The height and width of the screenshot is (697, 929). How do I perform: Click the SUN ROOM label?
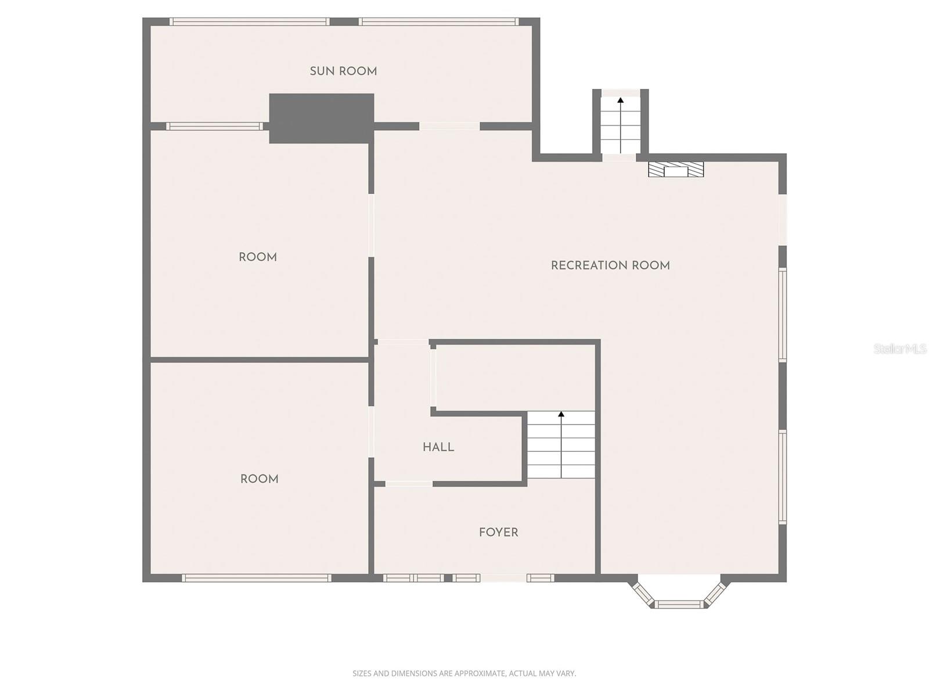[343, 71]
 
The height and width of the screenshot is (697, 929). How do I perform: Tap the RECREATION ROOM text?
[610, 265]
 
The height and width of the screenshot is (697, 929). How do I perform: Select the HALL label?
[438, 447]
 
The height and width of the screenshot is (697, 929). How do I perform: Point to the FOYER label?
[498, 532]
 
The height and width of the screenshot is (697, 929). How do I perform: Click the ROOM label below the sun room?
[258, 257]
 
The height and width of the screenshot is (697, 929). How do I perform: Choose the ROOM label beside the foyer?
[259, 479]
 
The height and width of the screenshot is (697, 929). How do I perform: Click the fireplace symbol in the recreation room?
[676, 170]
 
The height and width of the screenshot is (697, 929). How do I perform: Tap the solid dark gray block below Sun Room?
[321, 118]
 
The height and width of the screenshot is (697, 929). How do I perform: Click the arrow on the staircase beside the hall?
[561, 415]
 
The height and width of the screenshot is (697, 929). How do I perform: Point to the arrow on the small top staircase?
[620, 100]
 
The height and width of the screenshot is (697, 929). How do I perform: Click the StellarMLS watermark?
[899, 348]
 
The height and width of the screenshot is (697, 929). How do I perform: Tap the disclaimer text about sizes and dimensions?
[464, 674]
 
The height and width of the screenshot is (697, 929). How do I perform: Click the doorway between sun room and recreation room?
[449, 126]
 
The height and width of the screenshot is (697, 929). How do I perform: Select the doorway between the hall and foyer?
[409, 484]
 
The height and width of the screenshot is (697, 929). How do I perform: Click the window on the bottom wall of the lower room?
[256, 578]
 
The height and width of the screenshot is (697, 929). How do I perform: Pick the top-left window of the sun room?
[250, 22]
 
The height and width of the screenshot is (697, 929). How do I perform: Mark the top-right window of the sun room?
[438, 22]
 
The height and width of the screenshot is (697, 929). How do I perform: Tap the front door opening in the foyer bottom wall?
[503, 578]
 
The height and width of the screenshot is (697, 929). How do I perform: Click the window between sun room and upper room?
[214, 126]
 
